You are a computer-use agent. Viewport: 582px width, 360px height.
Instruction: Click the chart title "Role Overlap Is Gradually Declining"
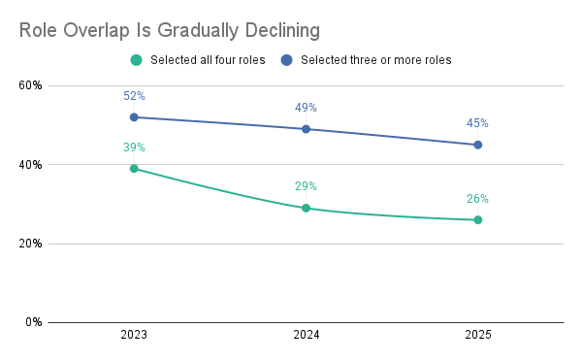(169, 30)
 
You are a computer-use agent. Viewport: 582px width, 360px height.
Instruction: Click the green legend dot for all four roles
(136, 60)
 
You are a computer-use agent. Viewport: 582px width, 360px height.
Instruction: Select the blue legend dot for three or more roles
(286, 60)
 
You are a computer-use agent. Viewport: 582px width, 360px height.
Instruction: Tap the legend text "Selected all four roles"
(208, 60)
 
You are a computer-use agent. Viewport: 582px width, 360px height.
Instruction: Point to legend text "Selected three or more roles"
(376, 60)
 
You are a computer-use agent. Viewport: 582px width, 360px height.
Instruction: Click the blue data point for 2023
(134, 117)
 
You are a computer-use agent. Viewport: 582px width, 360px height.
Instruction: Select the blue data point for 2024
(306, 129)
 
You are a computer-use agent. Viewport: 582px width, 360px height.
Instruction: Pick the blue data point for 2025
(478, 146)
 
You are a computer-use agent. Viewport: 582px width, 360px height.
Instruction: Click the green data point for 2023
(134, 169)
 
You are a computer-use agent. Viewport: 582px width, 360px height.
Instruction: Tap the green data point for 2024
(306, 209)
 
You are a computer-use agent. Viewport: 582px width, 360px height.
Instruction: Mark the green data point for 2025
(478, 220)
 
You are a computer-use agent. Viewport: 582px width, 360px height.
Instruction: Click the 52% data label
(134, 96)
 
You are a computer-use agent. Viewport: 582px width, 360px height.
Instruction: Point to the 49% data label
(306, 108)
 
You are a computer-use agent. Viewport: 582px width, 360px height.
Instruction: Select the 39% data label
(134, 147)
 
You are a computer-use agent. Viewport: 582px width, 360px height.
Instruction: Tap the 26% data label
(477, 199)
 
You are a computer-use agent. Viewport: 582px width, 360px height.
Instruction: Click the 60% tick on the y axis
(30, 85)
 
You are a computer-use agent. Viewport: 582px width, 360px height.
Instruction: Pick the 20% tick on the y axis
(30, 244)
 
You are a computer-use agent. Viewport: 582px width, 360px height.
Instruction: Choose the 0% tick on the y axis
(34, 322)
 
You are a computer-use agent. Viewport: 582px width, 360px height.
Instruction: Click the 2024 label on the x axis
(307, 335)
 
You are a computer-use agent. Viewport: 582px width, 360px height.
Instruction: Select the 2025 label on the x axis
(478, 335)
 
